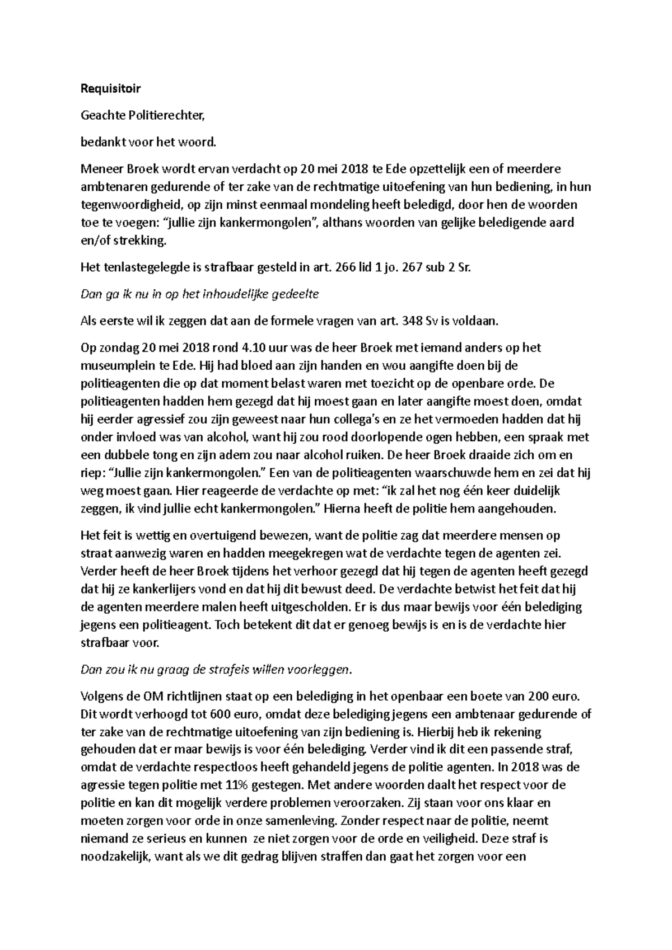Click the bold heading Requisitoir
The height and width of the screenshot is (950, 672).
111,88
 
